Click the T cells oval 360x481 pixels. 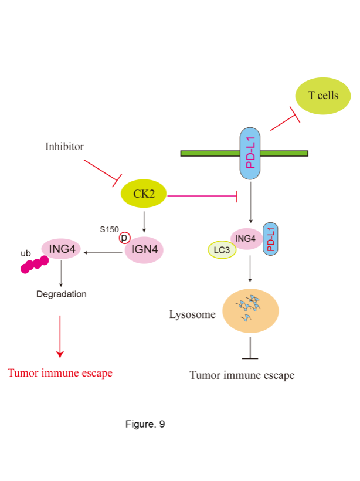coord(322,96)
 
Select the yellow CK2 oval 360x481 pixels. coord(144,194)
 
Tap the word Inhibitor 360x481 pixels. coord(64,147)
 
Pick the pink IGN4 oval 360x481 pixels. coord(144,249)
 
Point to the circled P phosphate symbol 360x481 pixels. coord(124,238)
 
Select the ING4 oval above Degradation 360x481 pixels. coord(62,249)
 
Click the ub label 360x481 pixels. coord(26,253)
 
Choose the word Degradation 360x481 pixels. coord(62,294)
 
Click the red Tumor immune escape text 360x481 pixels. coord(60,373)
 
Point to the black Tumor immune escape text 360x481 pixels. coord(242,375)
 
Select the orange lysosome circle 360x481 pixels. coord(250,311)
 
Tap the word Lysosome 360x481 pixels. coord(192,314)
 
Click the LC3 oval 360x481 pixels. coord(222,250)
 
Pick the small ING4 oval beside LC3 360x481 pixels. coord(246,239)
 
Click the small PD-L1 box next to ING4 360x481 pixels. coord(270,239)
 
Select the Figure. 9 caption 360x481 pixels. coord(145,424)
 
